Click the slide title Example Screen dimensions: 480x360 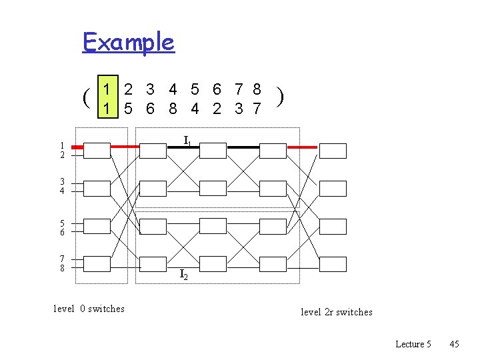pyautogui.click(x=128, y=42)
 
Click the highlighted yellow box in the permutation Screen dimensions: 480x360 pyautogui.click(x=109, y=98)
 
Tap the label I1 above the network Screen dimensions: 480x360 pyautogui.click(x=188, y=141)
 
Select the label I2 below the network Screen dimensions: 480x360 pyautogui.click(x=184, y=274)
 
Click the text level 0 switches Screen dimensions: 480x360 pyautogui.click(x=89, y=308)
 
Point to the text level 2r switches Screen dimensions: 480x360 pyautogui.click(x=336, y=312)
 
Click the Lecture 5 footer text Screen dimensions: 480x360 pyautogui.click(x=413, y=344)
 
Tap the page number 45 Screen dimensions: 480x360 pyautogui.click(x=454, y=344)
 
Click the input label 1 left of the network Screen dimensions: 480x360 pyautogui.click(x=62, y=146)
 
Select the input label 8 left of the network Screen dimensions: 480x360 pyautogui.click(x=62, y=269)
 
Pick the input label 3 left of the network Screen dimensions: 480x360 pyautogui.click(x=62, y=182)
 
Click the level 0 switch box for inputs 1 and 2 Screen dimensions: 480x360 pyautogui.click(x=97, y=150)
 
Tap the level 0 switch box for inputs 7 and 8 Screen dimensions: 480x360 pyautogui.click(x=97, y=264)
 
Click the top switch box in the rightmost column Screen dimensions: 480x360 pyautogui.click(x=333, y=150)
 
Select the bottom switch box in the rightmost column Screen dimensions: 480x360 pyautogui.click(x=333, y=264)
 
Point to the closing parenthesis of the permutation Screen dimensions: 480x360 pyautogui.click(x=281, y=98)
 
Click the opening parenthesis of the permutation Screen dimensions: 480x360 pyautogui.click(x=87, y=98)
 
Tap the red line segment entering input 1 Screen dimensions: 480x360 pyautogui.click(x=77, y=146)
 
